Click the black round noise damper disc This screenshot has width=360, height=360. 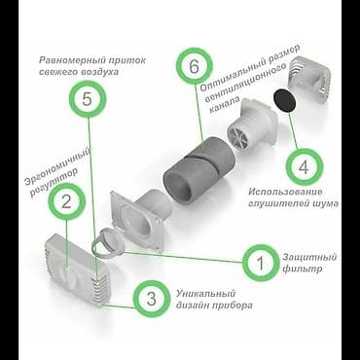point(285,101)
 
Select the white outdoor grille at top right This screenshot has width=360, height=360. point(310,80)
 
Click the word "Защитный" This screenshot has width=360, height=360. point(309,258)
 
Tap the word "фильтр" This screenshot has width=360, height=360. point(302,270)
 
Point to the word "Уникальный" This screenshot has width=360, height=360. point(205,295)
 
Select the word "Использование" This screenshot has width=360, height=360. point(285,192)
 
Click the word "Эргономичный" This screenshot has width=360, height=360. point(57,165)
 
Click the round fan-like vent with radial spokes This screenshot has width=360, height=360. point(239,137)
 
